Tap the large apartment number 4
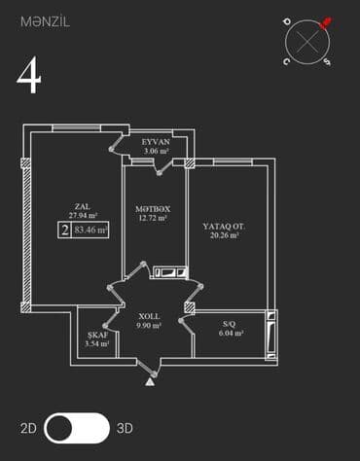click(29, 77)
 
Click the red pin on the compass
click(326, 20)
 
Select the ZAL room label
click(82, 205)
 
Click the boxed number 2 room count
click(63, 231)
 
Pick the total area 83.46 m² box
click(90, 231)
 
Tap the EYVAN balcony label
click(156, 141)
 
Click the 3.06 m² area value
click(156, 151)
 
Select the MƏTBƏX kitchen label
click(153, 208)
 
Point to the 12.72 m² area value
click(153, 219)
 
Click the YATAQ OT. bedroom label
click(223, 226)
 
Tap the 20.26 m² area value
click(223, 235)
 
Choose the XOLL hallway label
click(149, 317)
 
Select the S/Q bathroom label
click(229, 323)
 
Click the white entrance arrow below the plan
click(149, 382)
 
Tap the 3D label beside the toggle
click(125, 428)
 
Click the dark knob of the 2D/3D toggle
click(61, 428)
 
